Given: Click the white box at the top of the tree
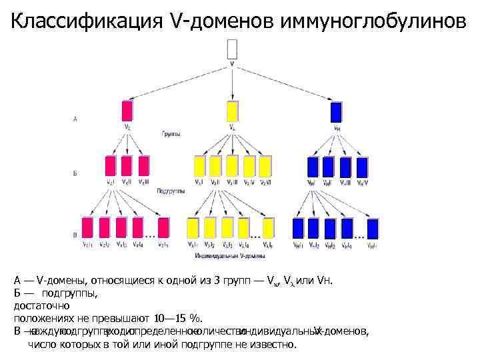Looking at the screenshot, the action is (x=232, y=49).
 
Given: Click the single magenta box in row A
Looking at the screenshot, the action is (x=127, y=111).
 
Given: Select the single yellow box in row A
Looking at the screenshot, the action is (x=232, y=111).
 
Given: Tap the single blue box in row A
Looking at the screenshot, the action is (x=336, y=110).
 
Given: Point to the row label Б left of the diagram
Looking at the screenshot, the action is (x=75, y=173).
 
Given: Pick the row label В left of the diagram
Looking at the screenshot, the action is (x=75, y=235).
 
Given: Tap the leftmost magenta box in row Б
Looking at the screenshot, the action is (x=110, y=166).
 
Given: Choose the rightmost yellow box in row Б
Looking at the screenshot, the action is (x=265, y=166).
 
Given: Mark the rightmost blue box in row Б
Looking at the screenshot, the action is (x=363, y=166).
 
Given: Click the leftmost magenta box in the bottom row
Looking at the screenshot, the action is (x=87, y=228).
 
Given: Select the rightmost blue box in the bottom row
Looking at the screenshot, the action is (x=371, y=228).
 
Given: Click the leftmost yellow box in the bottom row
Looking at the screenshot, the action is (x=195, y=228).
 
